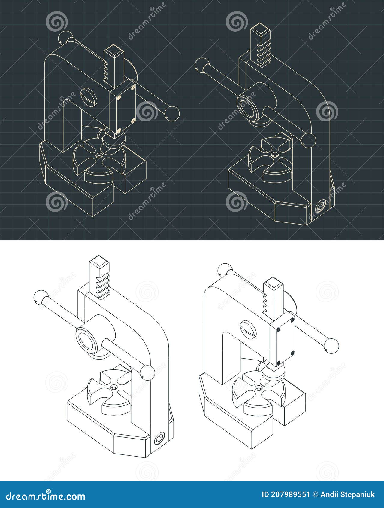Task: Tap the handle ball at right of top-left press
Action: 172,114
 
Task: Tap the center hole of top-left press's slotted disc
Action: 98,156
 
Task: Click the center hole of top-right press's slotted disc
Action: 274,155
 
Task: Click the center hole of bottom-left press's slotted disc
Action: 113,388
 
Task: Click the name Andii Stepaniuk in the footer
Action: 348,494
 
